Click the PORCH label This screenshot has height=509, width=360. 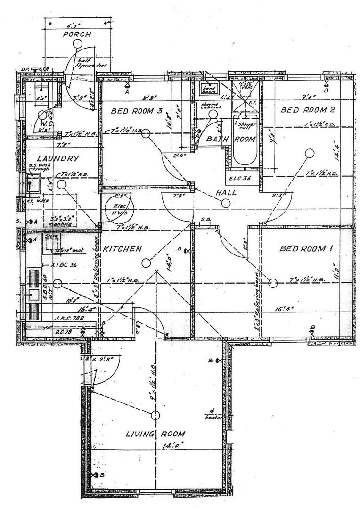click(78, 34)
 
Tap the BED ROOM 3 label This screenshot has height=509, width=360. click(137, 112)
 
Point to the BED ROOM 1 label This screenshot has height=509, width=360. click(303, 248)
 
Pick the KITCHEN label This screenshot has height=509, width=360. click(123, 248)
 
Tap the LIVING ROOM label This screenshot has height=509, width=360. click(155, 434)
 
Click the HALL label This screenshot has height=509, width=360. click(226, 192)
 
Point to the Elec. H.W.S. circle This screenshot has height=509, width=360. click(120, 206)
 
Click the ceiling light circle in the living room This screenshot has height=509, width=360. click(155, 415)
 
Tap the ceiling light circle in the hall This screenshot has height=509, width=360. click(226, 203)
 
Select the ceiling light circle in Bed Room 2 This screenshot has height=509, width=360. click(310, 153)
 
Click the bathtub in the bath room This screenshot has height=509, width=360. click(245, 141)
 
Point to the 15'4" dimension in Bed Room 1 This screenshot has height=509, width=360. click(284, 309)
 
